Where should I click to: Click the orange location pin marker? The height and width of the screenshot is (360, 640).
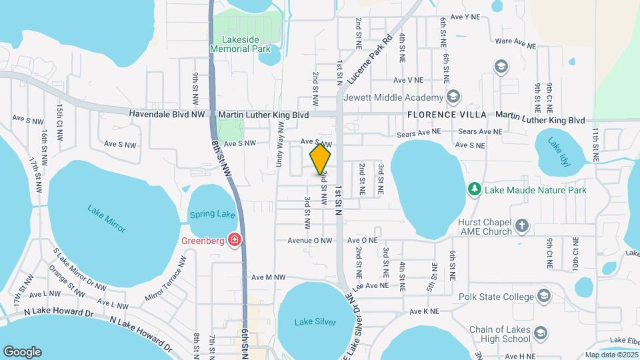(320, 159)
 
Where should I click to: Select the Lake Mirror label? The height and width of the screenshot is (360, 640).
(106, 218)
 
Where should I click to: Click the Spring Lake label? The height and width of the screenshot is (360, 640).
(213, 215)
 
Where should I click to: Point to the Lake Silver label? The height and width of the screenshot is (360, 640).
(312, 323)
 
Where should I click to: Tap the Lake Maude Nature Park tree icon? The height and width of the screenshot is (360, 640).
(474, 190)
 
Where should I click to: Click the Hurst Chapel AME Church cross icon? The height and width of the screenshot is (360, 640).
(521, 226)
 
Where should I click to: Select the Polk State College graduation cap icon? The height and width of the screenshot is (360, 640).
(544, 295)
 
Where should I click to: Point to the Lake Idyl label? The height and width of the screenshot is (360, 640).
(559, 151)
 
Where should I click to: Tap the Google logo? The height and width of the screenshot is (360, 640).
(22, 351)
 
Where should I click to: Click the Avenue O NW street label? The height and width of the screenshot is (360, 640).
(309, 240)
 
